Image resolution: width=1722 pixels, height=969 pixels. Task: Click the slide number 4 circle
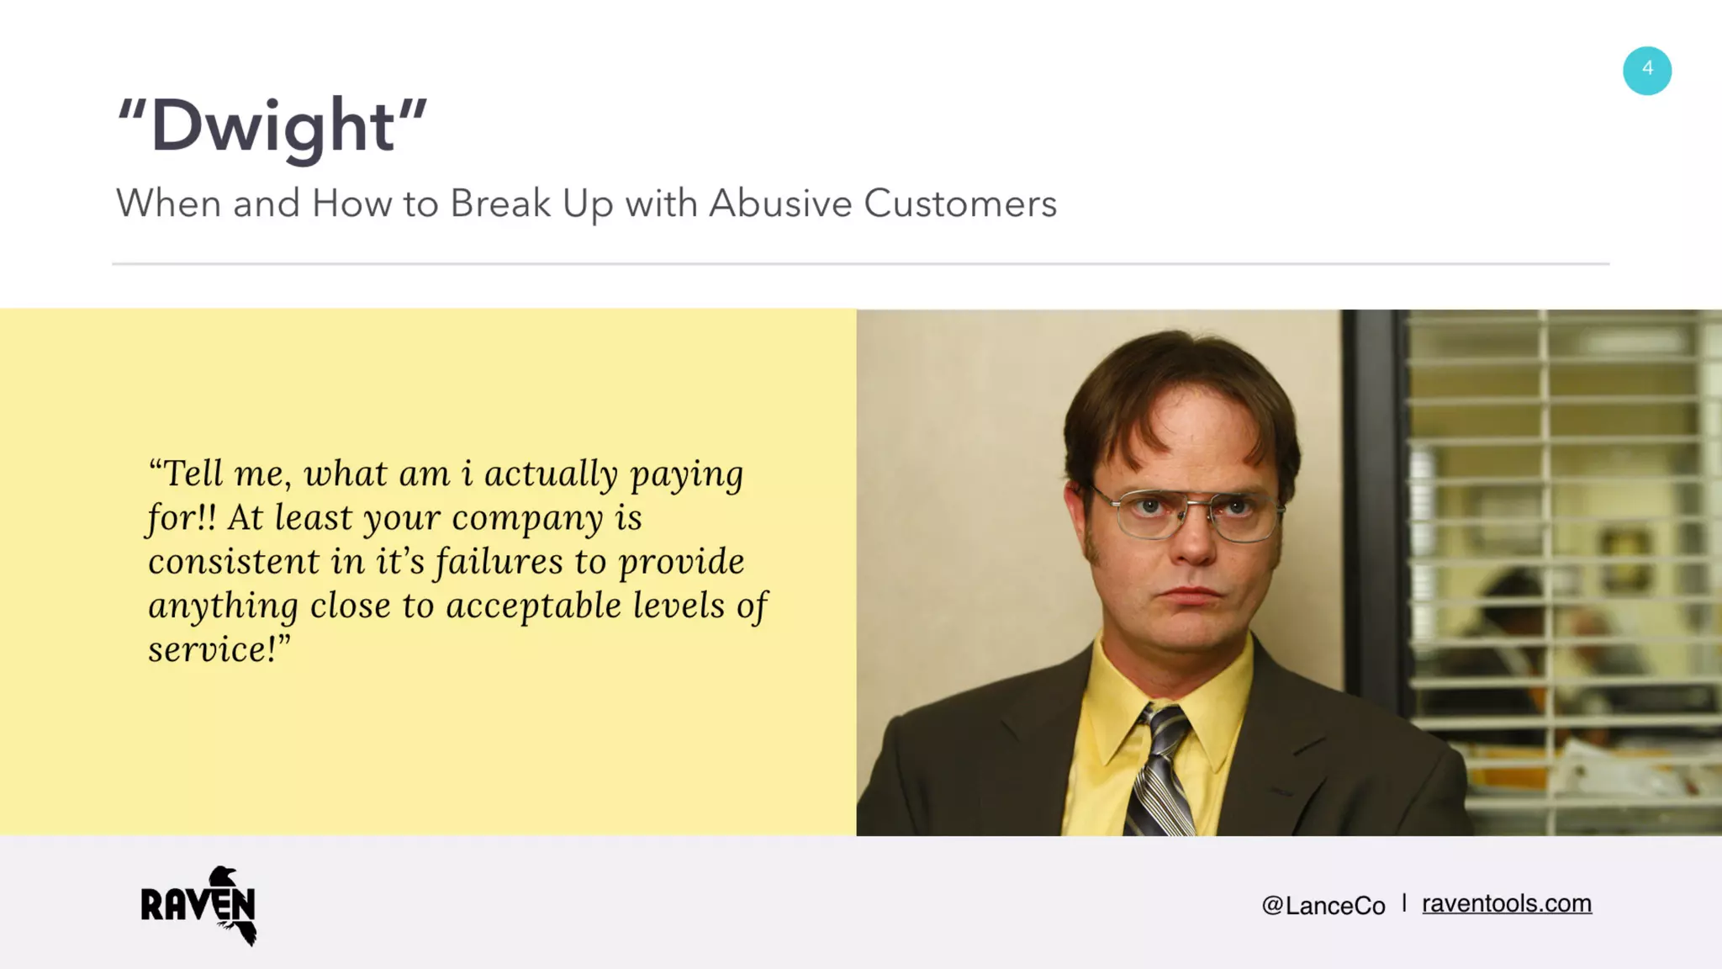(x=1646, y=71)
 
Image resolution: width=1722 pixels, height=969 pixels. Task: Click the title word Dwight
(x=272, y=126)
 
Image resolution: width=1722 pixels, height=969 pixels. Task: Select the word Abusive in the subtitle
(x=779, y=204)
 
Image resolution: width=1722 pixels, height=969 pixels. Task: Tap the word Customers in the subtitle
(x=959, y=204)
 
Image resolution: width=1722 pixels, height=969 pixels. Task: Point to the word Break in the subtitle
(x=500, y=204)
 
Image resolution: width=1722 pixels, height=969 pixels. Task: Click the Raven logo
(x=199, y=905)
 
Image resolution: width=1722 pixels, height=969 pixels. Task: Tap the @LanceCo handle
(x=1323, y=905)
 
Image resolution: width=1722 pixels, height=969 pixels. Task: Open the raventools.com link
(x=1506, y=903)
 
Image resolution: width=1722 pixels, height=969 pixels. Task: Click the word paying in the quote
(x=687, y=475)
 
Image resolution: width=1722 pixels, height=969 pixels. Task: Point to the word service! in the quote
(x=218, y=649)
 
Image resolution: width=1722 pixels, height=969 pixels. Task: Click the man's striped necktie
(x=1160, y=770)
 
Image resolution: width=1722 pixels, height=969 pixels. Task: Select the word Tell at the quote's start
(x=193, y=474)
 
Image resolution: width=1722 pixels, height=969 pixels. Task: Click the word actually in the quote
(x=551, y=474)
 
